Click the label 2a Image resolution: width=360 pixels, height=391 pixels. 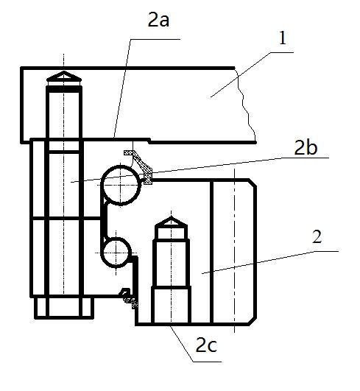click(x=158, y=20)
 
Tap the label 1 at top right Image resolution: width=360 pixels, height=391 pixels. click(x=282, y=38)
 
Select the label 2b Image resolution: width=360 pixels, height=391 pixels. click(x=306, y=147)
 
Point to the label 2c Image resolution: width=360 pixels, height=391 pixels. click(x=206, y=345)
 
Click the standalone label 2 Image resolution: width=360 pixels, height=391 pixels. click(x=317, y=237)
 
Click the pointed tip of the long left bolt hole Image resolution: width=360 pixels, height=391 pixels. click(x=64, y=71)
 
